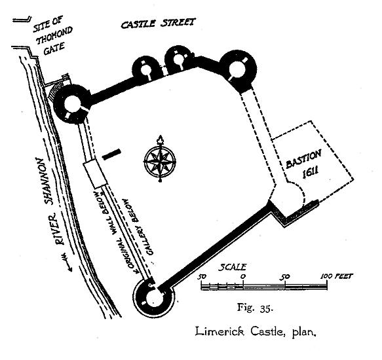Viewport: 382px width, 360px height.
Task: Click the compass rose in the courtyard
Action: tap(160, 161)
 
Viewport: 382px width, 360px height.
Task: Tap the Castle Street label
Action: tap(158, 24)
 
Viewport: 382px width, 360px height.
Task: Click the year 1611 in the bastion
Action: tap(311, 173)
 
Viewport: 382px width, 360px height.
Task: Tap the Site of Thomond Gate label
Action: tap(52, 36)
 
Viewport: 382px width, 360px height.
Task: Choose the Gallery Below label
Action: tap(138, 227)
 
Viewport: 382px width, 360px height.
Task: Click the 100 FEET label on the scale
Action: tap(336, 276)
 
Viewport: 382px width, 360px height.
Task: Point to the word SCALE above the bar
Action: tap(232, 267)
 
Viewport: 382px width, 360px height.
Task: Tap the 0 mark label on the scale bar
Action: tap(243, 277)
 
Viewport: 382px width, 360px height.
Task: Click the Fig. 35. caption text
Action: tap(255, 308)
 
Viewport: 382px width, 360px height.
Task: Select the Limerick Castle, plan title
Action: tap(256, 332)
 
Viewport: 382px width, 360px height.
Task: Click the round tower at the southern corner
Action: tap(154, 298)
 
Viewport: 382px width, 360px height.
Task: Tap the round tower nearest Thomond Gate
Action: tap(72, 104)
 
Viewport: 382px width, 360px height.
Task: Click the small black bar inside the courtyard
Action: tap(111, 154)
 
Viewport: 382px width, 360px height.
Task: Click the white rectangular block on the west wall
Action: tap(95, 173)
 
